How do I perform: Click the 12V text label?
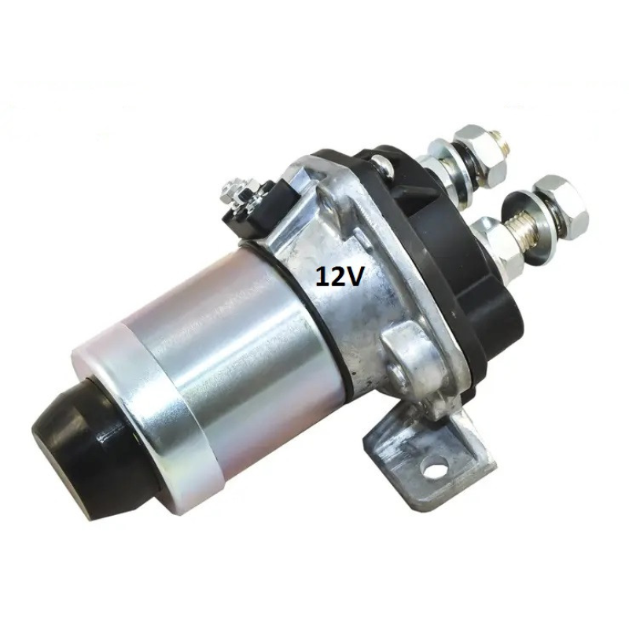point(340,277)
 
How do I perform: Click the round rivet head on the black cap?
point(381,164)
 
